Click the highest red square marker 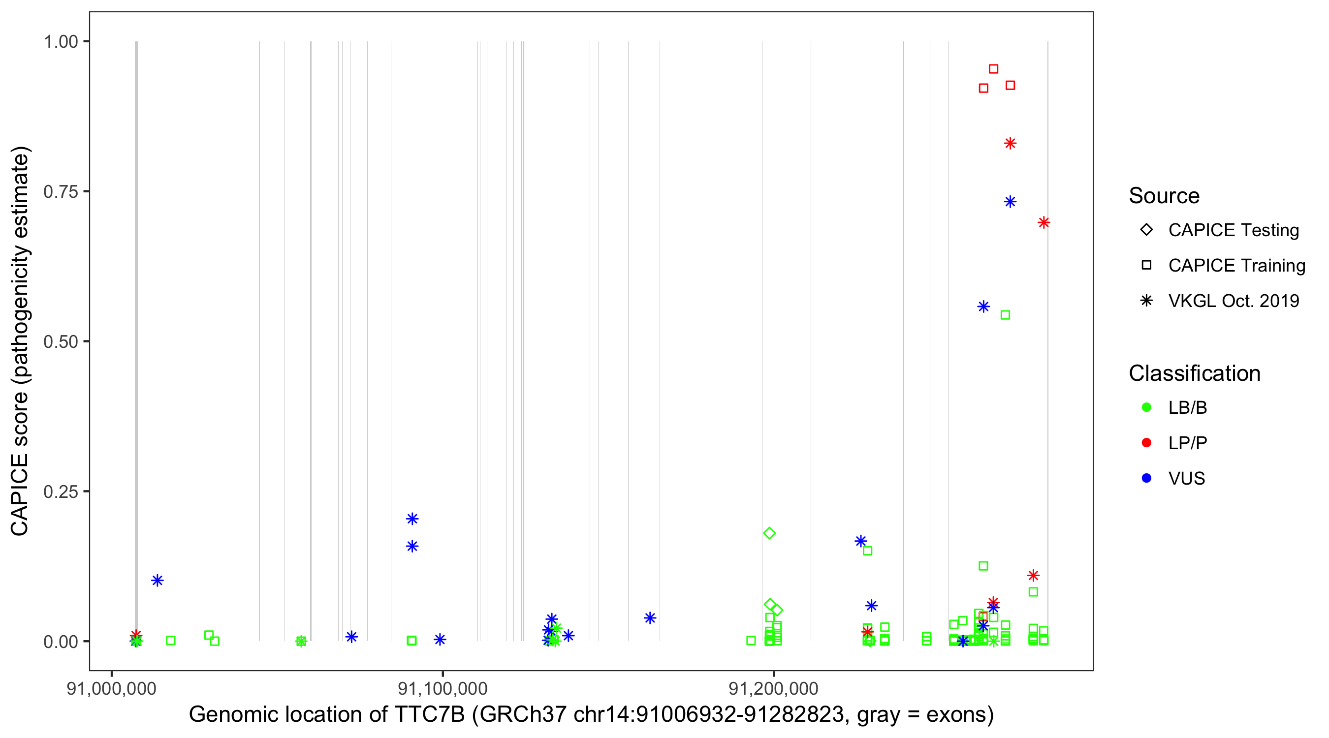(993, 69)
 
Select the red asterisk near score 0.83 (1010, 143)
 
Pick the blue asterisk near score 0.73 (1010, 202)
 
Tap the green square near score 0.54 (1005, 315)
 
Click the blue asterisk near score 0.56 (983, 307)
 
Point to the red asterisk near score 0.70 (1044, 223)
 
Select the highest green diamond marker (769, 533)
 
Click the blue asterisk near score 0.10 (158, 581)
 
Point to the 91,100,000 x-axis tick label (443, 689)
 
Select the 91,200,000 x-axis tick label (773, 689)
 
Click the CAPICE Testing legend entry (1233, 230)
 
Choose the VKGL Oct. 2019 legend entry (1233, 301)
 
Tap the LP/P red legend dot (1146, 443)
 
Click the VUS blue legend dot (1146, 479)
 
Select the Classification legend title (1194, 373)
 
